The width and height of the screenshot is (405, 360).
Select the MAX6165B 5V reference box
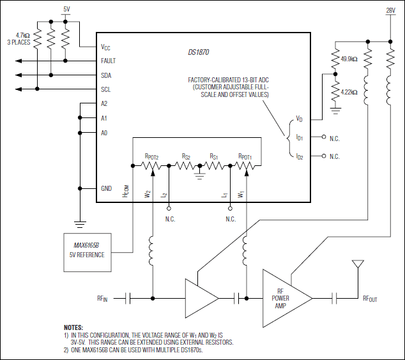tap(89, 250)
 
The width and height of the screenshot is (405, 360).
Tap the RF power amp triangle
tap(284, 297)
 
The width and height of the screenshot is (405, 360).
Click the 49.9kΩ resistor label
tap(349, 59)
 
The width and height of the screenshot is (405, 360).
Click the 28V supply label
tap(390, 11)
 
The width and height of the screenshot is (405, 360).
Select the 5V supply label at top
tap(66, 9)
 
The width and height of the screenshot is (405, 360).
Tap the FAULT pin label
tap(108, 61)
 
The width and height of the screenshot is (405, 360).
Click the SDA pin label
tap(106, 75)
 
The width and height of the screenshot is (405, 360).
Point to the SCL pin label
tap(106, 89)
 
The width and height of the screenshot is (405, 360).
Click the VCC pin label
tap(106, 47)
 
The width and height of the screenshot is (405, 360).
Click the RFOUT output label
tap(371, 298)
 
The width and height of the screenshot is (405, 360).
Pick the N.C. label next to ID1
tap(335, 137)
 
